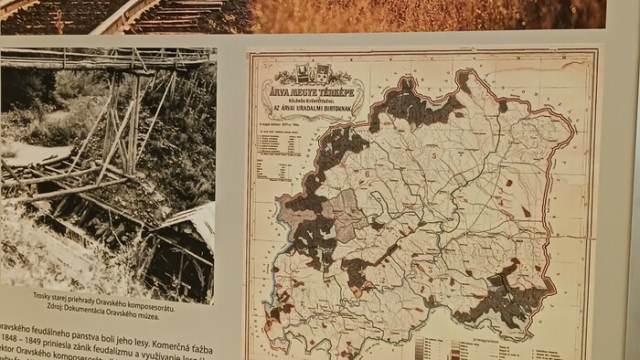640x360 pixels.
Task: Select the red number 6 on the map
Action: point(367,172)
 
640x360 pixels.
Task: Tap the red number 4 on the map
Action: point(502,200)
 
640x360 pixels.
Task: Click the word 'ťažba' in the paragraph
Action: point(204,327)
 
